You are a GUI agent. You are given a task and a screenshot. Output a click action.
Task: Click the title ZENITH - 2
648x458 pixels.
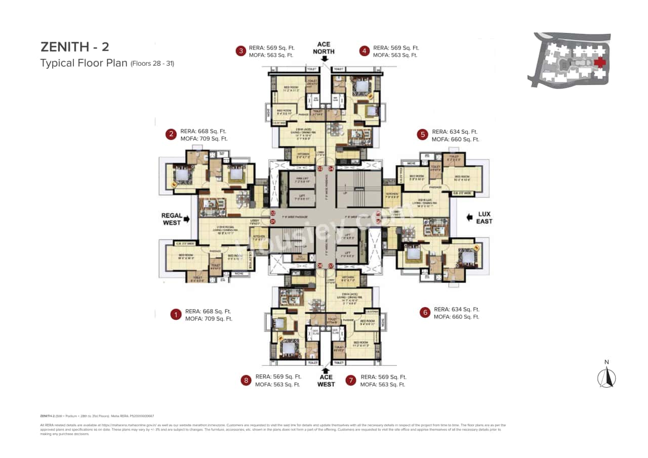coord(74,47)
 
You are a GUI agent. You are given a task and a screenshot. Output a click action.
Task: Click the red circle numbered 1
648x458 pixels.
coord(176,315)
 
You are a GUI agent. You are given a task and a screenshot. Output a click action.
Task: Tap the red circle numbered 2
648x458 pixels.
coord(171,134)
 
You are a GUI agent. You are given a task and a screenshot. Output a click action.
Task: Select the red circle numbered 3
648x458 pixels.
coord(241,51)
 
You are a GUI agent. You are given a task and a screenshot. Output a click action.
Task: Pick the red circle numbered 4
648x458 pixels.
coord(364,51)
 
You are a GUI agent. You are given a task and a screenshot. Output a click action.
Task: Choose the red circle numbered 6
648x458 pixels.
coord(425,313)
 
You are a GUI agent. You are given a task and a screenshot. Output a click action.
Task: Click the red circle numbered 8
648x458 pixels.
coord(246,381)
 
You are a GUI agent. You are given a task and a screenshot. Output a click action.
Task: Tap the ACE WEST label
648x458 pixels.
coord(326,381)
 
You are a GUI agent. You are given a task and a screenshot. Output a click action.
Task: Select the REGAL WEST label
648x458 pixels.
coord(171,219)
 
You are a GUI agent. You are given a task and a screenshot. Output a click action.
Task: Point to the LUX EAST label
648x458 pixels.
coord(484,218)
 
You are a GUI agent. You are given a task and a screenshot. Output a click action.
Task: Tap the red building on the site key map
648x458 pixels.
coord(600,62)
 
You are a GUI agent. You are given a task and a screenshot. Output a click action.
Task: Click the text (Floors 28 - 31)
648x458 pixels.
coord(152,64)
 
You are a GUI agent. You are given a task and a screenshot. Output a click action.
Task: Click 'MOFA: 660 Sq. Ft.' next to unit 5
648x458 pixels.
coord(455,139)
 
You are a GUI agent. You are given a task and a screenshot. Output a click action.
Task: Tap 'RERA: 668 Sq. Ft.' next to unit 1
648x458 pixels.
coord(209,311)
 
